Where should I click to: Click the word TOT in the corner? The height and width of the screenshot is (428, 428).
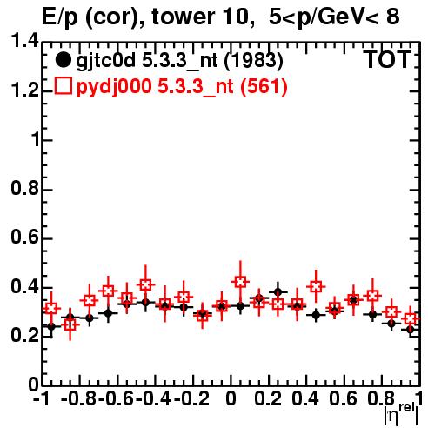pos(387,59)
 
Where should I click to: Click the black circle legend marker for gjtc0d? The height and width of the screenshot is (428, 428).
pos(63,60)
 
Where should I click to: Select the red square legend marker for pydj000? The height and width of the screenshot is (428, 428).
pos(63,86)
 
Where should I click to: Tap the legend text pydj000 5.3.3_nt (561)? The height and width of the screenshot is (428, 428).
pos(182,87)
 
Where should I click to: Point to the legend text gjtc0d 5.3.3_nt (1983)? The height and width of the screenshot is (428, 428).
pos(179,61)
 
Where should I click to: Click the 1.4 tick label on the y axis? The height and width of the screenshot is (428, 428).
pos(24,41)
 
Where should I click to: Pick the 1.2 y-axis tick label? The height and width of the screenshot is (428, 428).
pos(24,90)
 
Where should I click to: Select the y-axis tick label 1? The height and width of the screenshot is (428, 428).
pos(35,139)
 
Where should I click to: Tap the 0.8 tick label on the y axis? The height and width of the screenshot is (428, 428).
pos(24,188)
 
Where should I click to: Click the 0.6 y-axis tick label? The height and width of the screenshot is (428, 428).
pos(24,237)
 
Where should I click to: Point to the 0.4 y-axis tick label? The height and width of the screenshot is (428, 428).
pos(24,286)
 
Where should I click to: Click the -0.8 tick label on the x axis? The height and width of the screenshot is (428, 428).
pos(79,398)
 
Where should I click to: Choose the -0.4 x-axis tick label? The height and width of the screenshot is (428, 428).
pos(154,398)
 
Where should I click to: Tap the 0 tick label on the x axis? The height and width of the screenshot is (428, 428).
pos(231,398)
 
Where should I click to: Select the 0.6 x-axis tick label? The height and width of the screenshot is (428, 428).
pos(344,398)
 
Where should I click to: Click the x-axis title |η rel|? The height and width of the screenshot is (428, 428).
pos(401,414)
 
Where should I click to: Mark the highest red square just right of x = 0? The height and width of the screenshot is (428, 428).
pos(240,282)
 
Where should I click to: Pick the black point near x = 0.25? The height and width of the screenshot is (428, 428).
pos(278,292)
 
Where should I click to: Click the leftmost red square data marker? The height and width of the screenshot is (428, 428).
pos(51,308)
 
